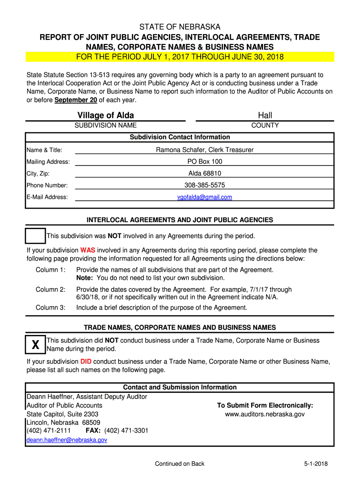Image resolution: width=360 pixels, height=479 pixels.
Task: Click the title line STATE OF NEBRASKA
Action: coord(180,27)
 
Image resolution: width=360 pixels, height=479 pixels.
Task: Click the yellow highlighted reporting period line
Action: coord(180,57)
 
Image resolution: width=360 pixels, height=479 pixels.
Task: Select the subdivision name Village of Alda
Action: coord(106,116)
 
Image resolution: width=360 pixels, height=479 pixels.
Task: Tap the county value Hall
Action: coord(265,116)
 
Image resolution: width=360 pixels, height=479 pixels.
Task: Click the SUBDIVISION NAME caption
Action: coord(106,125)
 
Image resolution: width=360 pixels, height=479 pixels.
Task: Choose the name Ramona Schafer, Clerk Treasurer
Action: coord(205,150)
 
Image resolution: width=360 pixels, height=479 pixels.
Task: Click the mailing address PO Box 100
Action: coord(205,162)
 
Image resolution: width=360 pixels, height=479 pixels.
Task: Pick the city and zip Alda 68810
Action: coord(205,174)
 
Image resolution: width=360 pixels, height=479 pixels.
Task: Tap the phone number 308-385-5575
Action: coord(205,185)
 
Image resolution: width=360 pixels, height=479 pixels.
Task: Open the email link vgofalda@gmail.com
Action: coord(205,197)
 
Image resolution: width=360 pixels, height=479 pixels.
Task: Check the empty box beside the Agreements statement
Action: coord(35,236)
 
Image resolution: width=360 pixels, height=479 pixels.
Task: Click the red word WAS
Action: coord(88,250)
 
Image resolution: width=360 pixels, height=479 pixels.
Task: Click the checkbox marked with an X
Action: coord(35,345)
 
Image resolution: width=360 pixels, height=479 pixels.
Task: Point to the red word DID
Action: coord(86,362)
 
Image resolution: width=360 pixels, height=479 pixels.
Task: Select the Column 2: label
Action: coord(50,290)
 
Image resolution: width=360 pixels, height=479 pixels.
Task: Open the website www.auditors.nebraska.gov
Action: coord(265,414)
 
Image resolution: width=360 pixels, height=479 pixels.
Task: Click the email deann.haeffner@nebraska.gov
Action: coord(67,440)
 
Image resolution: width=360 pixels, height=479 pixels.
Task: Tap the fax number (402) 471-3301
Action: coord(126,430)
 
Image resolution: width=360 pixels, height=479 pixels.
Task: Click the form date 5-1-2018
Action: coord(316,464)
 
